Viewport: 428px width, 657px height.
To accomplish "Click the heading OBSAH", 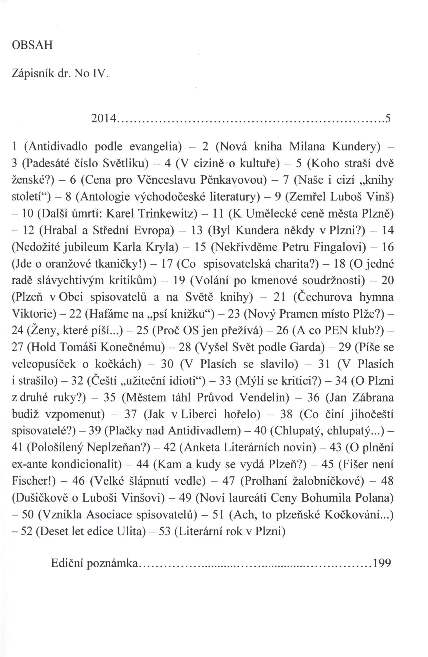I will pyautogui.click(x=32, y=45).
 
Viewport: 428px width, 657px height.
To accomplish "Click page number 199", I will pyautogui.click(x=382, y=563).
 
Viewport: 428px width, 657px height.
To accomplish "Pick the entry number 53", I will pyautogui.click(x=164, y=531).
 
